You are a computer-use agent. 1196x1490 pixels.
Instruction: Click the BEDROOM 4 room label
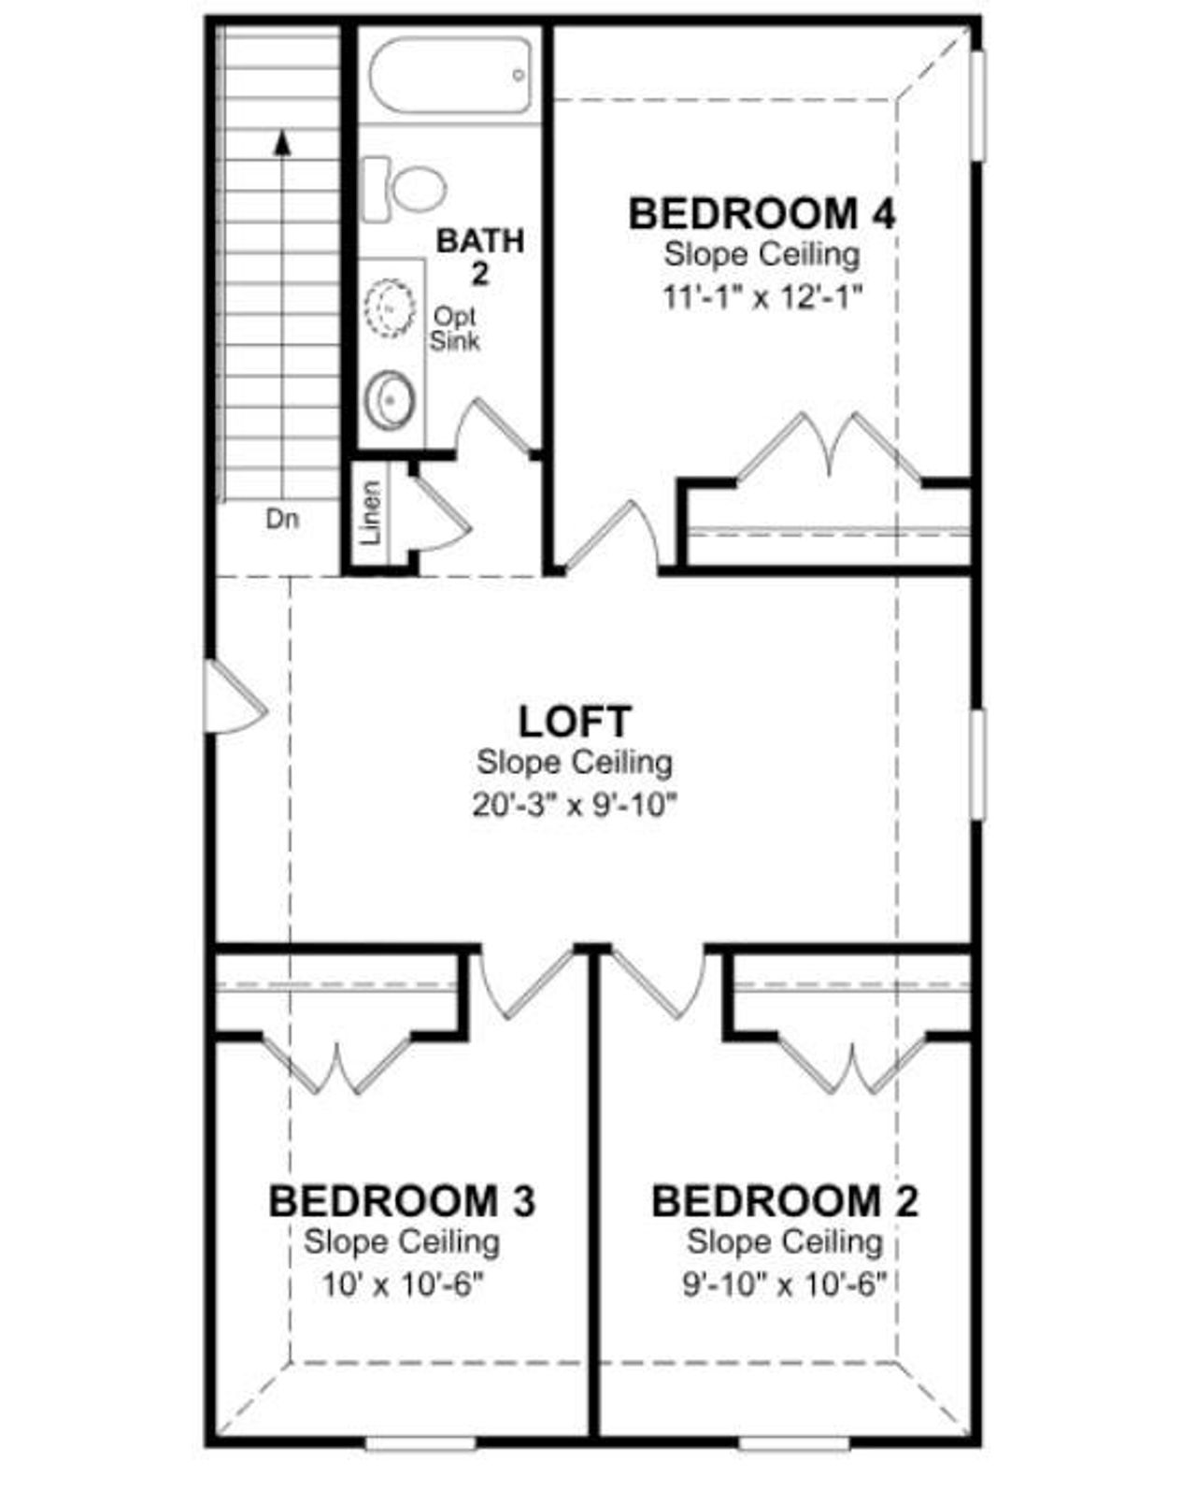tap(762, 214)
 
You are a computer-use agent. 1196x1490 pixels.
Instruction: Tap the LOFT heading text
tap(575, 722)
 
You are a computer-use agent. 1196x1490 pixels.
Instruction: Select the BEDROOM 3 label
tap(402, 1201)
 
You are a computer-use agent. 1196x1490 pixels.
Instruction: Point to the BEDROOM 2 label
tap(785, 1201)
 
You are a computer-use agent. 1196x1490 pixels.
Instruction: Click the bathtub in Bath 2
tap(451, 76)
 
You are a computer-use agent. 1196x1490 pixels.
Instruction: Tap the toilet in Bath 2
tap(405, 188)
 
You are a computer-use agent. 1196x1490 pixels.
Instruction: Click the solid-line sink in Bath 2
tap(389, 400)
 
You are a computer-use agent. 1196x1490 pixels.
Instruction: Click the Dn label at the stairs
tap(282, 520)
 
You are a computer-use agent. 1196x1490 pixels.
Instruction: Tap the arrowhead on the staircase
tap(281, 141)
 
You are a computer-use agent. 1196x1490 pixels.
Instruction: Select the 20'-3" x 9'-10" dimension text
tap(574, 805)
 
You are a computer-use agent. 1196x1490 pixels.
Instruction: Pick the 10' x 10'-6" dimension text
tap(402, 1285)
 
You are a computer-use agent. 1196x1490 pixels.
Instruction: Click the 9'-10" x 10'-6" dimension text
tap(784, 1285)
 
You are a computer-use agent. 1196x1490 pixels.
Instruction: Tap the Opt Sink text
tap(455, 329)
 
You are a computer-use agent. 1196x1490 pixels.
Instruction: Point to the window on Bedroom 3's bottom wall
tap(420, 1444)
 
